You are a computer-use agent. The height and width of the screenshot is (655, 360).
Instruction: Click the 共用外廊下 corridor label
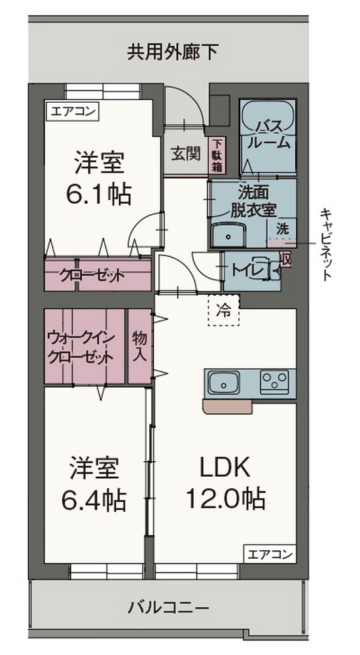[x=172, y=51]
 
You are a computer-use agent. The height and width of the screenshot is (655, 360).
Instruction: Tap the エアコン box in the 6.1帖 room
[x=71, y=111]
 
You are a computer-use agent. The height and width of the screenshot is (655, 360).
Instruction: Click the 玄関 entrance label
[x=185, y=155]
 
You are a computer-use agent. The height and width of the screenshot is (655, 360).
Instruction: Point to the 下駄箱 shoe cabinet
[x=217, y=155]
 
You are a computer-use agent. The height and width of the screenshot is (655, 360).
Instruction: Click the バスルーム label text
[x=268, y=133]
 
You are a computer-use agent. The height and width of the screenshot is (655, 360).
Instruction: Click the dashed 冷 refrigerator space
[x=224, y=310]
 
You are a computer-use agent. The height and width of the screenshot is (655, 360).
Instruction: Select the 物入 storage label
[x=139, y=346]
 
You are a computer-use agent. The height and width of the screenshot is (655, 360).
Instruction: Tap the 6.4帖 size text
[x=94, y=502]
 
